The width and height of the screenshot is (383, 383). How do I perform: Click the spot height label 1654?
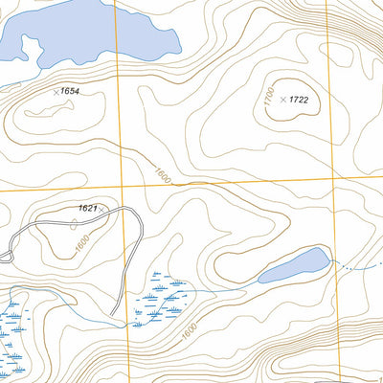coord(68,90)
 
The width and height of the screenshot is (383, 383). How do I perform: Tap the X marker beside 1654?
coord(55,91)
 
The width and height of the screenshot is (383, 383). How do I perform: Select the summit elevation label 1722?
coord(300,100)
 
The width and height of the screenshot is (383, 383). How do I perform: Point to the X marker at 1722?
coord(283,100)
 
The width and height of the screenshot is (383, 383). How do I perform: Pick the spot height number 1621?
coord(88,209)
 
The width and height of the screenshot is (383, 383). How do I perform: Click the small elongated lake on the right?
coord(294,265)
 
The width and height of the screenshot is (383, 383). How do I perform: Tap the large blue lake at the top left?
coord(86,34)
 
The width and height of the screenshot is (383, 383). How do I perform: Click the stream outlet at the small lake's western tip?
coord(258,281)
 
